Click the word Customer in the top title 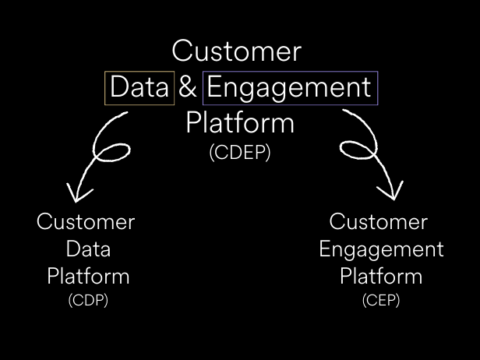(x=237, y=51)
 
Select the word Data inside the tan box (x=139, y=87)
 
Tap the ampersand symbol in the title (x=187, y=87)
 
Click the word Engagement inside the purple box (x=289, y=88)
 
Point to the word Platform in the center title (x=240, y=122)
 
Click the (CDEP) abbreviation (x=240, y=153)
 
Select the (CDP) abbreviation (x=88, y=300)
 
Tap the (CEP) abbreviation (x=381, y=300)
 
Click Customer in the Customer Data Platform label (x=86, y=221)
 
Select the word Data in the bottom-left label (x=88, y=249)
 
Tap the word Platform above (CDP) (x=88, y=276)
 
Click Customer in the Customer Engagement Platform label (x=379, y=221)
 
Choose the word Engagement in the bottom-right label (x=382, y=250)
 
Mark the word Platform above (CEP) (x=381, y=276)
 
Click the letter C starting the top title (x=182, y=51)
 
